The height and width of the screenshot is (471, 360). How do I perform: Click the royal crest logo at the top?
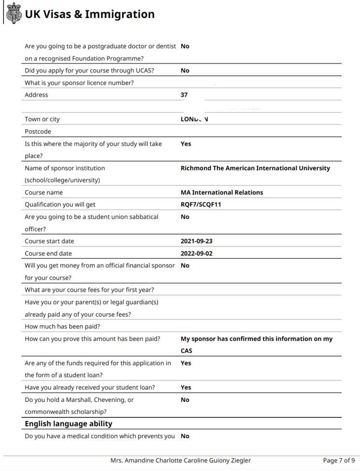click(14, 14)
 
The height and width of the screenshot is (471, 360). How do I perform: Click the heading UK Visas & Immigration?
click(89, 15)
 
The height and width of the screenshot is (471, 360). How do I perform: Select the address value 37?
click(184, 95)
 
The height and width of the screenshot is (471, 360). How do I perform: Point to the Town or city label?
click(42, 119)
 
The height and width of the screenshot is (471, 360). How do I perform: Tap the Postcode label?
click(38, 132)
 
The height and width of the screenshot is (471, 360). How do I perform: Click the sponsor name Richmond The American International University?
click(255, 168)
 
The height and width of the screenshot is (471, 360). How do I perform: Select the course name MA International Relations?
click(222, 192)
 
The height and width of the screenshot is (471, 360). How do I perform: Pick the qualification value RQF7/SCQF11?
click(201, 205)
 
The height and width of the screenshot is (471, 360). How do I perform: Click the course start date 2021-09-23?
click(196, 241)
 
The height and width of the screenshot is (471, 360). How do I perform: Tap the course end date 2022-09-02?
click(196, 253)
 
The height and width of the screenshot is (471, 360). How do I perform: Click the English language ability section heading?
click(68, 424)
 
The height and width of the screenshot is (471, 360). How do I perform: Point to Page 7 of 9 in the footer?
click(339, 460)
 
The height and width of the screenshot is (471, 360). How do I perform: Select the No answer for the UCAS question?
click(185, 71)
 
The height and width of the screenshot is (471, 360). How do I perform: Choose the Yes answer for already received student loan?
click(186, 387)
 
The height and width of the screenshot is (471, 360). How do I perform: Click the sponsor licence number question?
click(79, 83)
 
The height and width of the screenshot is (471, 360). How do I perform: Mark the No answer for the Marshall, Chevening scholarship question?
click(185, 400)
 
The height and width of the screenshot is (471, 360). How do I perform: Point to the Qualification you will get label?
click(60, 205)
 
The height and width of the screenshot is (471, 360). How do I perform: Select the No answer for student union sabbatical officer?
click(185, 217)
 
